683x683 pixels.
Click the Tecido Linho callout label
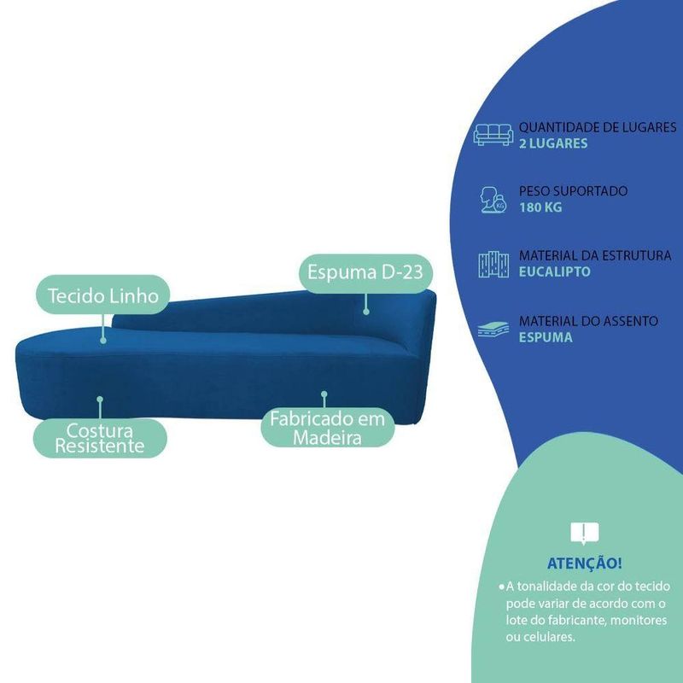(103, 295)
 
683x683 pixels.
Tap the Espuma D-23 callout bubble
(365, 273)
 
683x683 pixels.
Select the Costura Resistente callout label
(99, 437)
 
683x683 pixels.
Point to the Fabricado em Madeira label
(327, 428)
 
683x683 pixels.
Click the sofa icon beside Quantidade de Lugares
(493, 134)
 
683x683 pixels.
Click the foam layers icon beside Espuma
(493, 329)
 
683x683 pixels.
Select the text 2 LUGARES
(553, 143)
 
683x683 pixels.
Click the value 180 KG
(540, 207)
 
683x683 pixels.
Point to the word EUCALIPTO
(554, 272)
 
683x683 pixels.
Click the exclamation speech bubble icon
(584, 534)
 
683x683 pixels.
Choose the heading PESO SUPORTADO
(573, 191)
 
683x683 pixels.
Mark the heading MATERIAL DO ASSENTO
(588, 321)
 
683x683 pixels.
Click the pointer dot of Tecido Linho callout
(103, 339)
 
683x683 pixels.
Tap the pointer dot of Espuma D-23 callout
(366, 312)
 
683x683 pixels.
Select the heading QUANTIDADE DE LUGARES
(598, 127)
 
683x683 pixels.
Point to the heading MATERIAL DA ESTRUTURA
(595, 256)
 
